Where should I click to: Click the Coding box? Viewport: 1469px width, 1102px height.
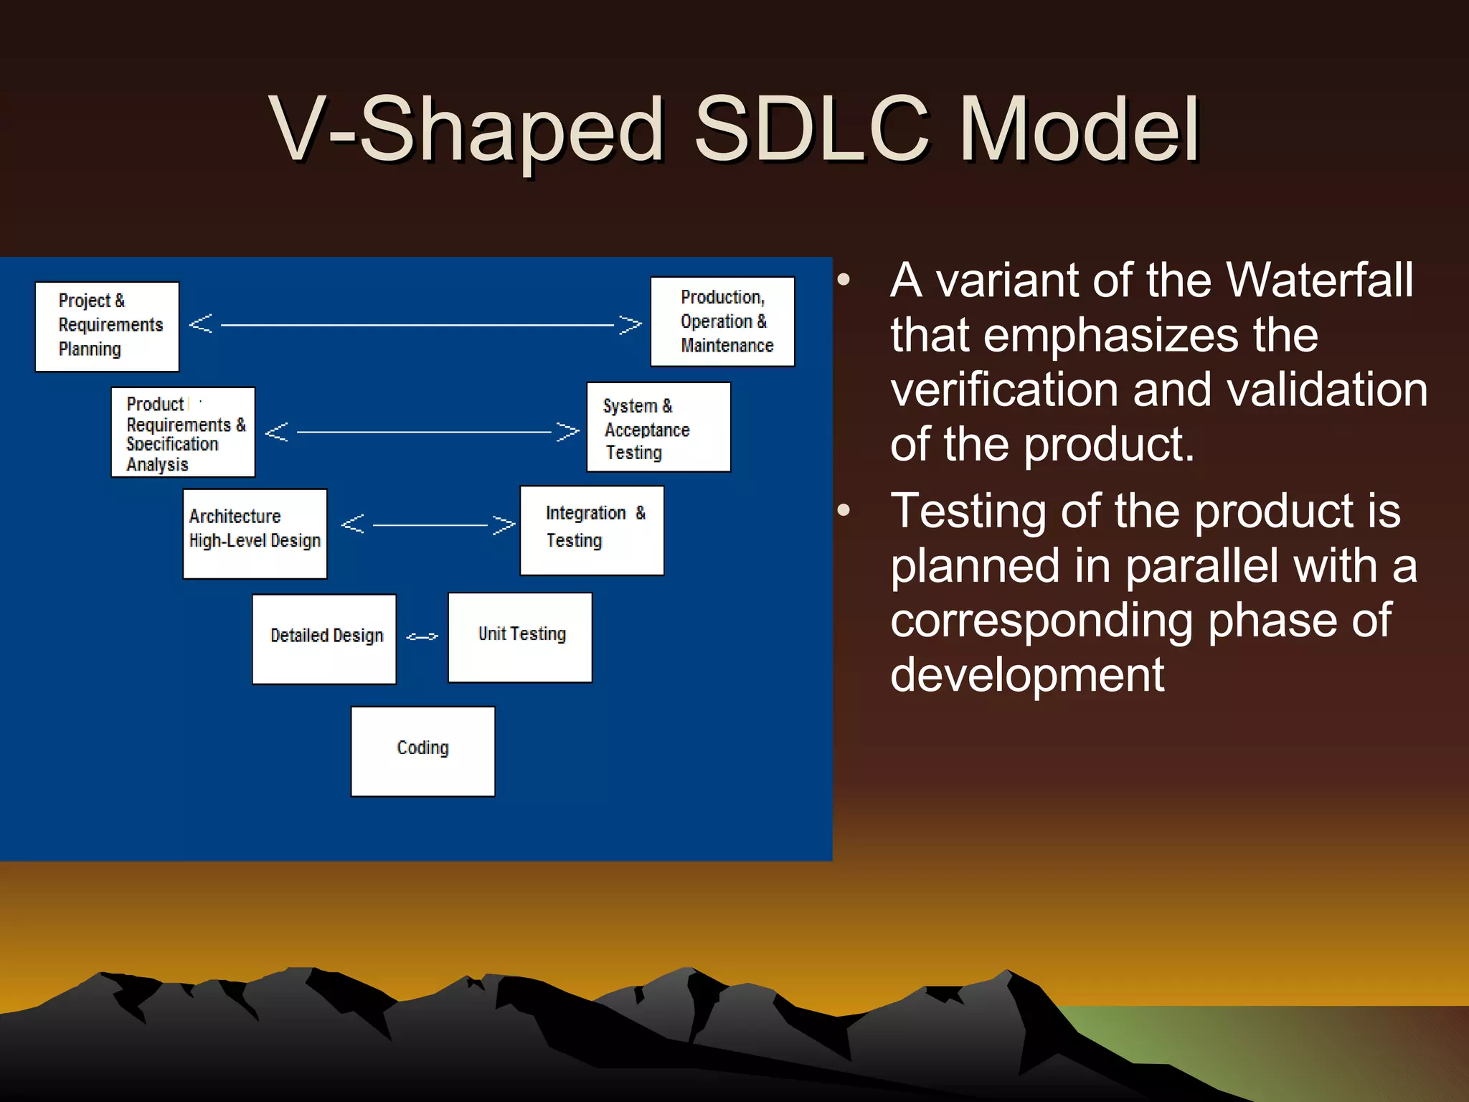[422, 751]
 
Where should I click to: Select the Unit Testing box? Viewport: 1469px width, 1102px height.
[520, 637]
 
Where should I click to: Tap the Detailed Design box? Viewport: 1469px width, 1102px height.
[324, 639]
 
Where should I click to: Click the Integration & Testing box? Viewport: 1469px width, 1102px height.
[592, 530]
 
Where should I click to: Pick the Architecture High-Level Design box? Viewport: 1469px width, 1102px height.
[255, 534]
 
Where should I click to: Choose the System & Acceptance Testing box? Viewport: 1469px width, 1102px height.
[658, 427]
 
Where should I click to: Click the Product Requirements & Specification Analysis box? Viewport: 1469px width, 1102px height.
[183, 432]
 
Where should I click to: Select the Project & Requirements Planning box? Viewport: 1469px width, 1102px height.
[107, 326]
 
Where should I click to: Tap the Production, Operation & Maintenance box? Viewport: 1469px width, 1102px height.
[722, 321]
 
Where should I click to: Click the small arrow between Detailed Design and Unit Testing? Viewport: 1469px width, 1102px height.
[422, 636]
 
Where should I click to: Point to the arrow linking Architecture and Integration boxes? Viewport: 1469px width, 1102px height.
[429, 525]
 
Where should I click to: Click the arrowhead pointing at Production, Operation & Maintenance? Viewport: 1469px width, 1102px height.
[630, 325]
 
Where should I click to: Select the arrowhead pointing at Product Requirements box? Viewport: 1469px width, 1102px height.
[277, 432]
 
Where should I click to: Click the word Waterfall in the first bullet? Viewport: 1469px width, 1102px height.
[1319, 280]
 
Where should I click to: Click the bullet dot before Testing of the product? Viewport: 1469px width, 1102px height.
[844, 510]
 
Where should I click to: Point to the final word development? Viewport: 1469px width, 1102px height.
[1027, 675]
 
